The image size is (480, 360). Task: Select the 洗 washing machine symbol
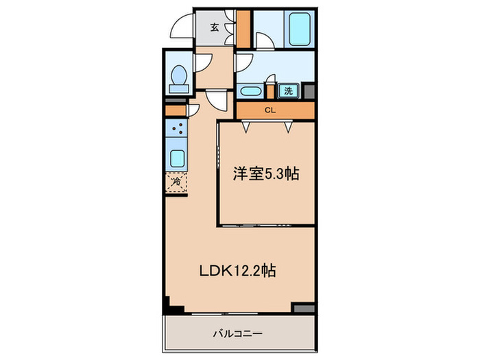click(x=289, y=91)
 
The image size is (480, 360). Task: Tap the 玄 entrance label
click(x=215, y=28)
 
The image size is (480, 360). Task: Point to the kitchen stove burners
click(x=176, y=130)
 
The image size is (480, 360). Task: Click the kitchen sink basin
click(x=176, y=158)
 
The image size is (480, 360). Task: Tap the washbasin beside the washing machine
click(x=250, y=91)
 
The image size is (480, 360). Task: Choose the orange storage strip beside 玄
click(x=243, y=27)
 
